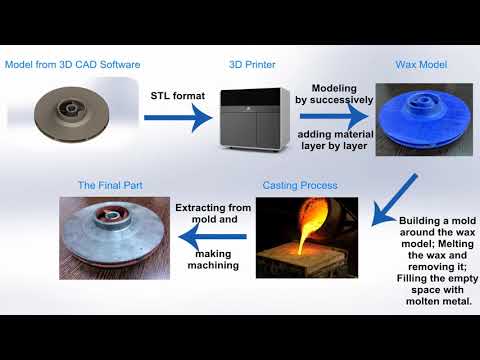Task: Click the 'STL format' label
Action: pyautogui.click(x=177, y=97)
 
